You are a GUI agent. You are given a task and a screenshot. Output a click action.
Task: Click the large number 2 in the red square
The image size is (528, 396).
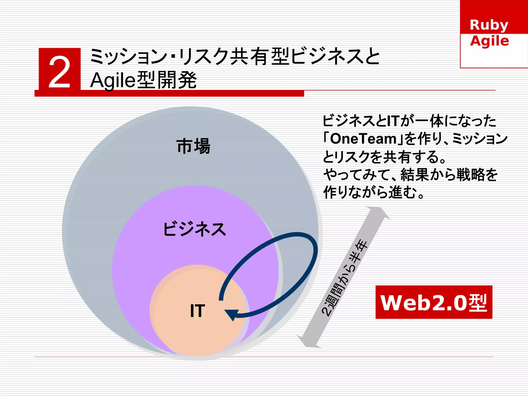(60, 73)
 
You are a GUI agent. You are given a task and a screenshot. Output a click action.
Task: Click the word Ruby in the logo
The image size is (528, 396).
(489, 25)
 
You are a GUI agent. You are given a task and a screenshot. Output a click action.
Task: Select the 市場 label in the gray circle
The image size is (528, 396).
(194, 146)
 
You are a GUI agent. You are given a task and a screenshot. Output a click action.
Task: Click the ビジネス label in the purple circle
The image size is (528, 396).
(195, 229)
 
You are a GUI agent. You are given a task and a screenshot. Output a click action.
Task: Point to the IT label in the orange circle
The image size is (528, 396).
(197, 311)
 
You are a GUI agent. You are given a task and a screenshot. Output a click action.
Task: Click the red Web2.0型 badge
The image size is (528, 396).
(434, 302)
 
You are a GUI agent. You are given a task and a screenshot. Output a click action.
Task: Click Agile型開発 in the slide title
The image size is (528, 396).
(143, 80)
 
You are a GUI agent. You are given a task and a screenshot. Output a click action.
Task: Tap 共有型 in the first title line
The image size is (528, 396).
(260, 57)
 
